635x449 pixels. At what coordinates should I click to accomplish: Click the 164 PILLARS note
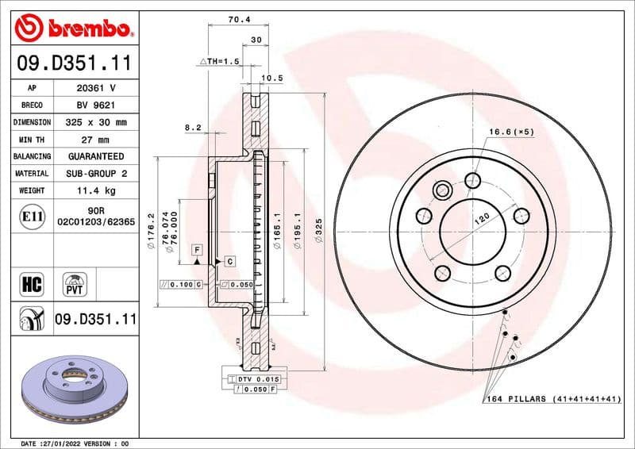point(552,399)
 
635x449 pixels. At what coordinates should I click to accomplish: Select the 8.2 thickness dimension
point(193,127)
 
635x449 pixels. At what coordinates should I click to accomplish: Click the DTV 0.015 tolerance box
point(254,380)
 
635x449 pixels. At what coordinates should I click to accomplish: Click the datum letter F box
point(195,250)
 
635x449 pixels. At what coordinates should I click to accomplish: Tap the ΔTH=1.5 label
point(218,61)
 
